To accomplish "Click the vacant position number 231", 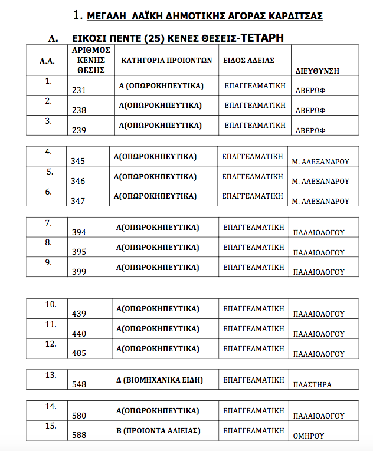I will [79, 91].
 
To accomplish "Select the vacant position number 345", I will [78, 160].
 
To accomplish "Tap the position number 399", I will [79, 272].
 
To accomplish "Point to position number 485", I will [78, 353].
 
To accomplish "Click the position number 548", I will [78, 384].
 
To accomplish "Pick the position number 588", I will [78, 435].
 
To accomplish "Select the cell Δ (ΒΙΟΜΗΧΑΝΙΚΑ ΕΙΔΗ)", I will [160, 380].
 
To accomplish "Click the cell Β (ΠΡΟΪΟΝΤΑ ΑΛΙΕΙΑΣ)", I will [159, 431].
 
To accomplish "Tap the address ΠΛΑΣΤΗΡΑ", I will [312, 385].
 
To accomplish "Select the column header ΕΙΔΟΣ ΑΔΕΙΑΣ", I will [249, 61].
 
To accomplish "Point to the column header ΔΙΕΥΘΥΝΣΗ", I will [316, 71].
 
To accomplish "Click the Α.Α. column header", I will [47, 61].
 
